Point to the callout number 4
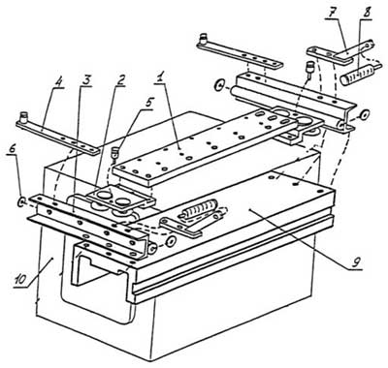tap(58, 79)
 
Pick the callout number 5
tap(148, 103)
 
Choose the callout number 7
tap(334, 13)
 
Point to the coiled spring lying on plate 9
tap(200, 210)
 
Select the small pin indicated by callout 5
tap(114, 153)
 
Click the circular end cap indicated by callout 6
tap(21, 201)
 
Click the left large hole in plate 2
tap(104, 195)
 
